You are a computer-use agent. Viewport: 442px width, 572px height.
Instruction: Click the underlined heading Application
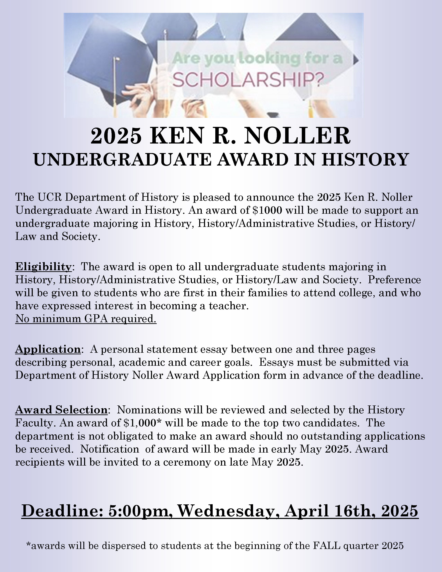coord(48,349)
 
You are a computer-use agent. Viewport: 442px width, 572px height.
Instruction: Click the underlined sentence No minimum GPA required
coord(86,319)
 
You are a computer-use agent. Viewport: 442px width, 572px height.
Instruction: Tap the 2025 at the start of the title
coord(116,136)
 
